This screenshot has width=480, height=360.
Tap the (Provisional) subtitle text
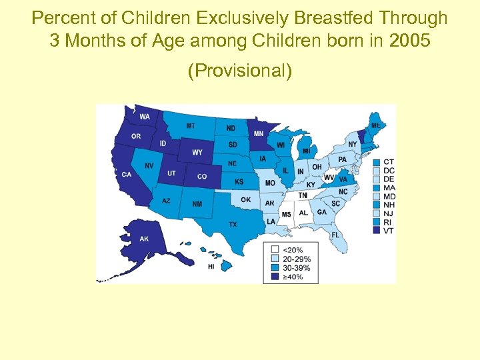(240, 71)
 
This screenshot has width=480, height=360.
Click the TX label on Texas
(233, 225)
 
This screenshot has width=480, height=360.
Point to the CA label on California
(126, 175)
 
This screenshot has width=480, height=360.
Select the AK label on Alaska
(144, 239)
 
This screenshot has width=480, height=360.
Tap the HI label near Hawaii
(211, 267)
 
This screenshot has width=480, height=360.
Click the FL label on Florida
(335, 235)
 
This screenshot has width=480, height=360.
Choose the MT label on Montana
(191, 126)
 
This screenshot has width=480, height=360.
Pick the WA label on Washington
(145, 117)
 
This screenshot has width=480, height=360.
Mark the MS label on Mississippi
(286, 214)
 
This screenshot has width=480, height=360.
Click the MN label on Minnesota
(258, 134)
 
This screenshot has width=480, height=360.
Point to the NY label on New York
(353, 145)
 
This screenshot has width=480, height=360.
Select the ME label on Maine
(376, 125)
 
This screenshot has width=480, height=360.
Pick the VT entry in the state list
(389, 231)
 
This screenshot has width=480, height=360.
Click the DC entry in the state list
(389, 170)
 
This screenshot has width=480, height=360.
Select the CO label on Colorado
(201, 177)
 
